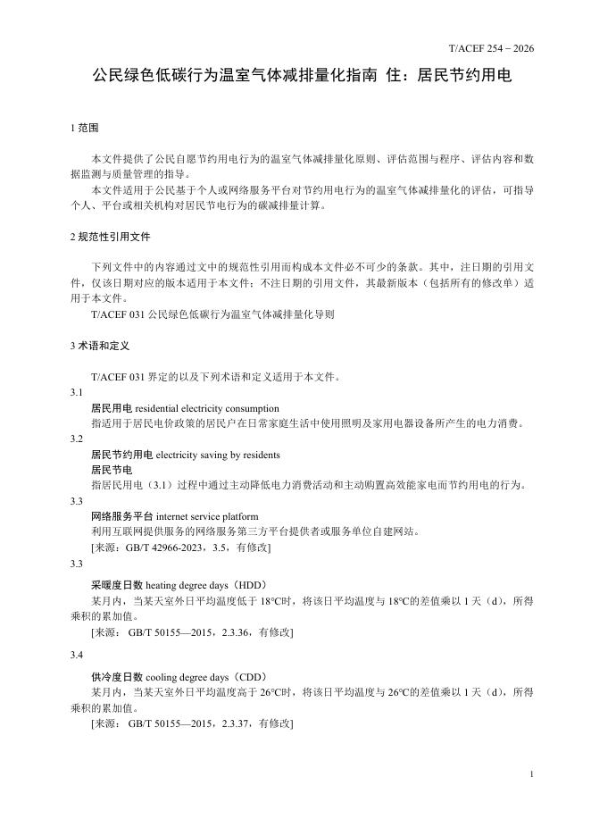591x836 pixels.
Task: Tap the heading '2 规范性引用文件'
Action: coord(110,237)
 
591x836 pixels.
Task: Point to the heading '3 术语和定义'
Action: coord(100,345)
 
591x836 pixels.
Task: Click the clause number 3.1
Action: coord(77,393)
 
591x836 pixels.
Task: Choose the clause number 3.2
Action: coord(77,439)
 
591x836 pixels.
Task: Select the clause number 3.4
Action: coord(77,654)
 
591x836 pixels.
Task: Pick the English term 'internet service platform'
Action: coord(207,515)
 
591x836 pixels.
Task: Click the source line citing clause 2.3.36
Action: coord(192,631)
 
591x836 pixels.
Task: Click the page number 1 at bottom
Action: coord(531,773)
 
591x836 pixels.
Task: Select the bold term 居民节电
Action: coord(112,470)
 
